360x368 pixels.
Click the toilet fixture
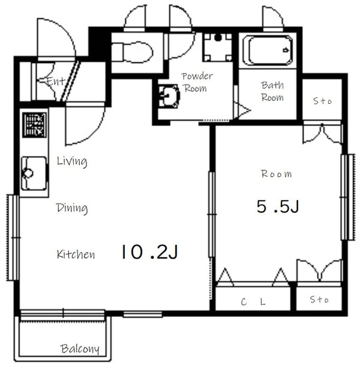pos(132,52)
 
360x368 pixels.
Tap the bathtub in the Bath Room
pos(268,50)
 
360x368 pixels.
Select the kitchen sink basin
pos(34,173)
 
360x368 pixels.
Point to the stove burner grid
pos(34,125)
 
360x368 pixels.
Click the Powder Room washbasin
pos(169,96)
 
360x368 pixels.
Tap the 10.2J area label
pos(149,252)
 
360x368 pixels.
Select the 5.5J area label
pos(278,207)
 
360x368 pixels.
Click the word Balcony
pos(80,349)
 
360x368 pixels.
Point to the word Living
pos(72,161)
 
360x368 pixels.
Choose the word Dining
pos(72,208)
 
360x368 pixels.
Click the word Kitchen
pos(76,255)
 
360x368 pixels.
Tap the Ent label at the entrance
pos(55,81)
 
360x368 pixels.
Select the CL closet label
pos(253,302)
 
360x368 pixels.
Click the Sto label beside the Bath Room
pos(323,101)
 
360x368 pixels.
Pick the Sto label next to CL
pos(319,300)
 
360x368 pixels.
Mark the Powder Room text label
pos(197,82)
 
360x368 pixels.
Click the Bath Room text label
pos(272,91)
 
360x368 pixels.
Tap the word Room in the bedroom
pos(277,174)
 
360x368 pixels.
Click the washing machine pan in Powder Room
pos(218,47)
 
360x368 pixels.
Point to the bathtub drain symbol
pos(286,50)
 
